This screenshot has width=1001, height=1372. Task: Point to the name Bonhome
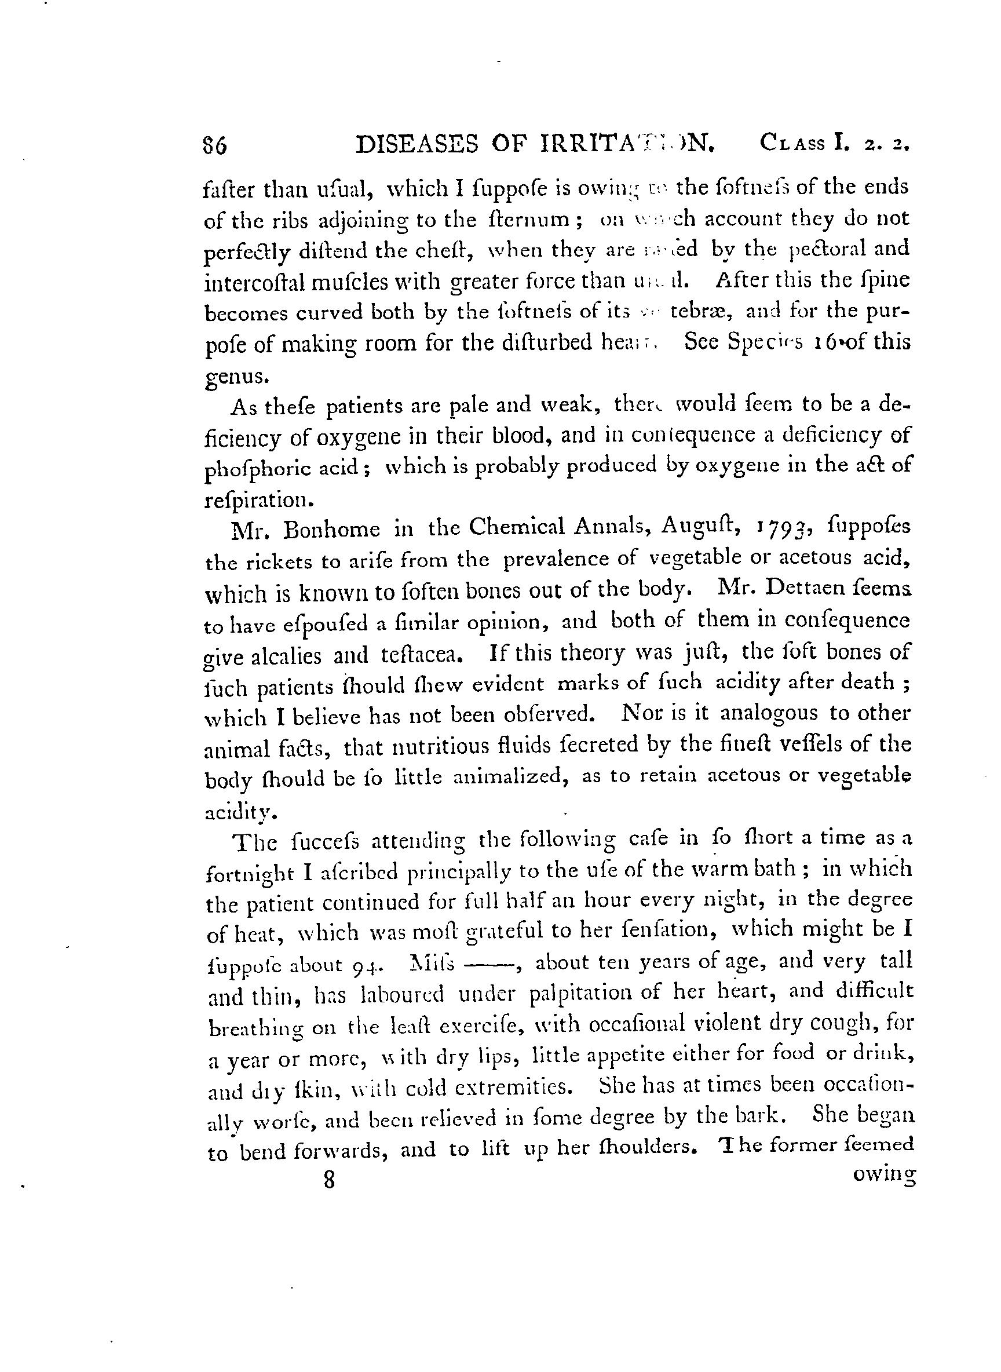click(331, 530)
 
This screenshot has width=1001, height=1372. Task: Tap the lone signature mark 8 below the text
click(329, 1180)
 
